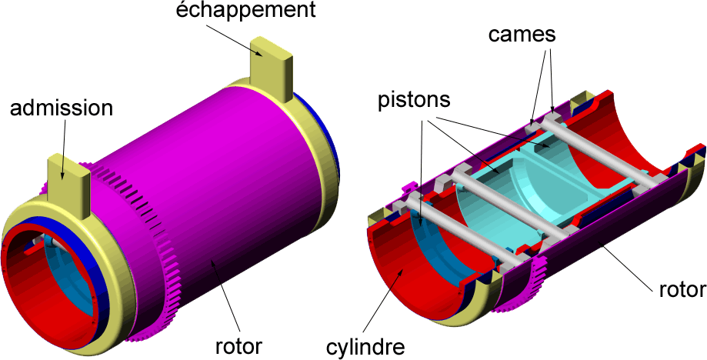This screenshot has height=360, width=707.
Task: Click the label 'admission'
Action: pyautogui.click(x=62, y=108)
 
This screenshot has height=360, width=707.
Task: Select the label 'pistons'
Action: pyautogui.click(x=414, y=102)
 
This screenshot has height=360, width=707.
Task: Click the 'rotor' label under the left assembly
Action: pyautogui.click(x=238, y=343)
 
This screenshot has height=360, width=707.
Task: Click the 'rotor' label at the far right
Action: pyautogui.click(x=682, y=289)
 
